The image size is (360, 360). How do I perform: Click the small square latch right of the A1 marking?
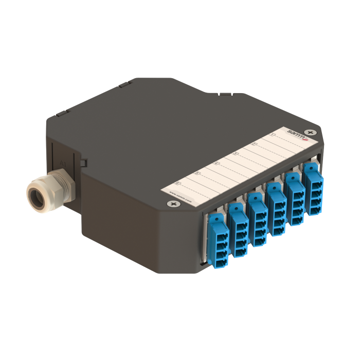coord(82,163)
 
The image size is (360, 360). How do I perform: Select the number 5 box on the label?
coord(197,173)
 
